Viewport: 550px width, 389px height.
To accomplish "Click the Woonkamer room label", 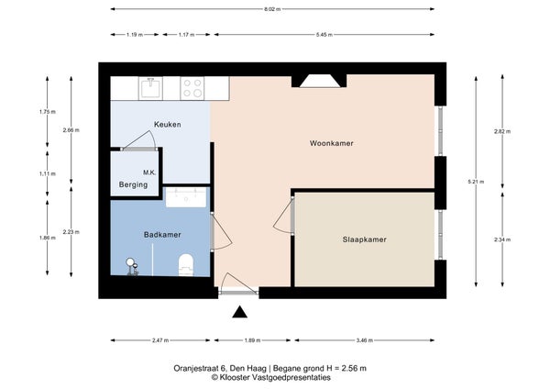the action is click(x=331, y=143).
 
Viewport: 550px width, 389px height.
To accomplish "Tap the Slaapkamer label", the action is click(x=365, y=239).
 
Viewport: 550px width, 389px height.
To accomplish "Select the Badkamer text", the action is click(x=162, y=235).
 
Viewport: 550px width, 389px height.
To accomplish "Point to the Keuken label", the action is click(x=168, y=124).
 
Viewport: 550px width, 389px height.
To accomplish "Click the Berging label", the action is click(x=133, y=184).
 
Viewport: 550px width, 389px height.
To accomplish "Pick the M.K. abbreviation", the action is click(x=149, y=172).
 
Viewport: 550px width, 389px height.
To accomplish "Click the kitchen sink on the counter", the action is click(x=151, y=88).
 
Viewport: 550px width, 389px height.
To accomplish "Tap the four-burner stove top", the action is click(x=192, y=88).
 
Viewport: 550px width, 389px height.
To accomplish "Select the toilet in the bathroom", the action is click(x=186, y=265).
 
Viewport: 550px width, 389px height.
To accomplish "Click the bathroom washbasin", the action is click(x=186, y=197).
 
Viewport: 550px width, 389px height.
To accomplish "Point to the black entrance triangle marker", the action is click(x=240, y=312).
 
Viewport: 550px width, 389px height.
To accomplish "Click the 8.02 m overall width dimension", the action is click(x=272, y=9).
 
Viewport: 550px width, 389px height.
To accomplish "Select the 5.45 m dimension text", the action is click(x=324, y=35).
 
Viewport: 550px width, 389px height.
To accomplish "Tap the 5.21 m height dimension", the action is click(x=476, y=182).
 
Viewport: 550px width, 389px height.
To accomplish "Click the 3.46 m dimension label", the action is click(x=365, y=340).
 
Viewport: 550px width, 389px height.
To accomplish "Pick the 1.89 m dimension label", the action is click(x=252, y=340).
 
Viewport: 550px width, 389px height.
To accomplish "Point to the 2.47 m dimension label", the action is click(x=160, y=340).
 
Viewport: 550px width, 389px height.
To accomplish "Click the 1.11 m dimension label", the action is click(x=48, y=173).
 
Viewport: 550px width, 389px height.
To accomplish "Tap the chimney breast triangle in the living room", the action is click(x=320, y=81).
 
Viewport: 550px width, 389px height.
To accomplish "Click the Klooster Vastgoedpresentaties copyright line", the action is click(x=270, y=378).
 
